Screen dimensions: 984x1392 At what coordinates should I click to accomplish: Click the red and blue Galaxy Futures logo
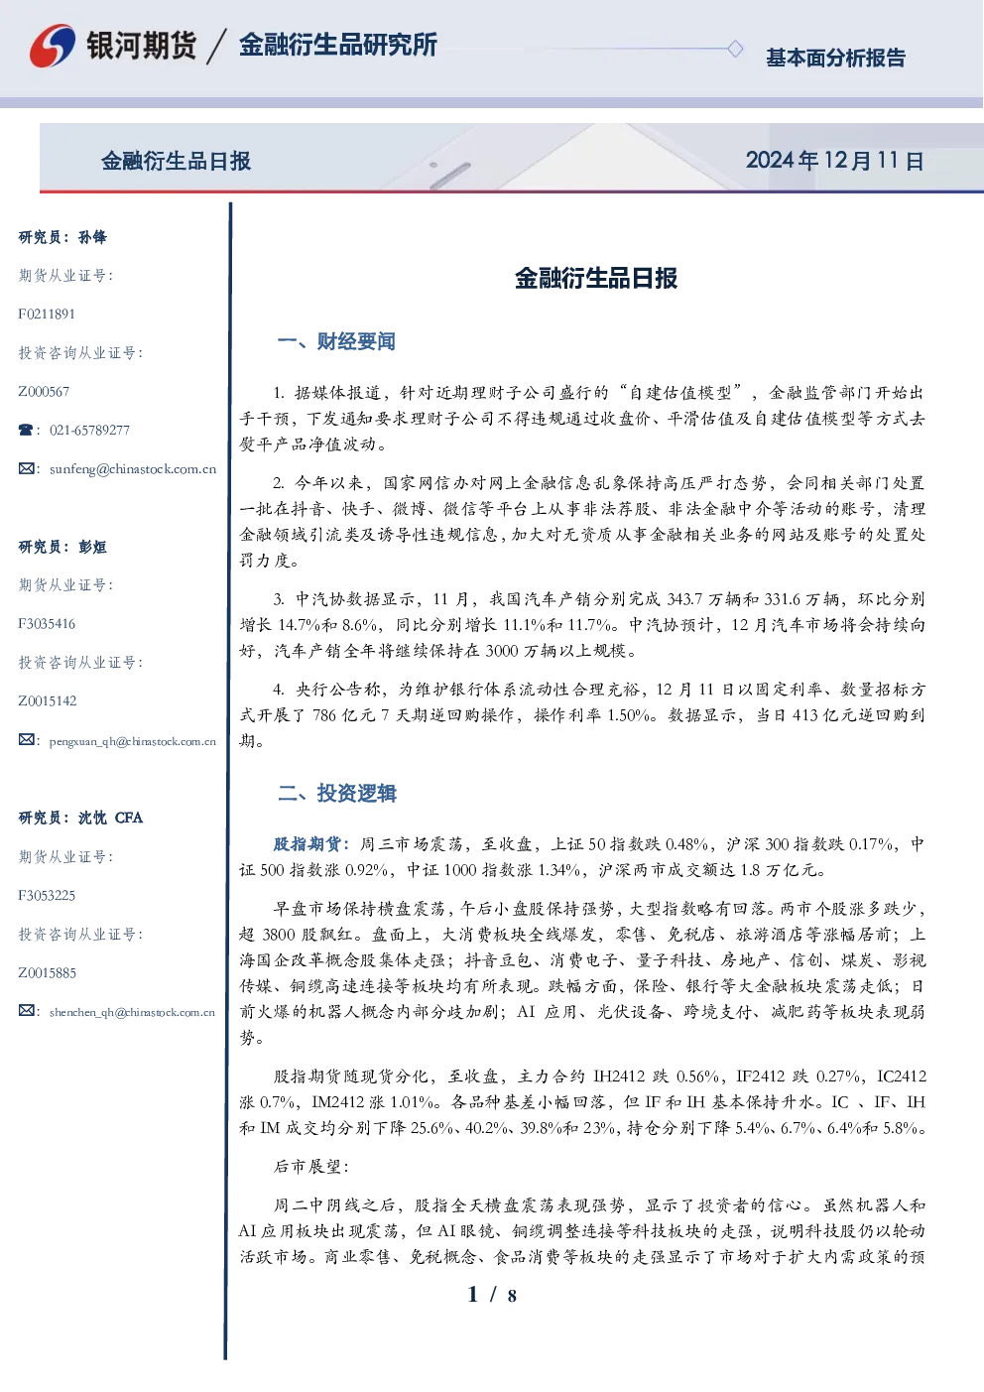tap(53, 46)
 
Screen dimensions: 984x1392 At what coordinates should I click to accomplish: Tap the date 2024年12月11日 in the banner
tap(835, 161)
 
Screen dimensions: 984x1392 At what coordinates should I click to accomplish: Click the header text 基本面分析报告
tap(835, 58)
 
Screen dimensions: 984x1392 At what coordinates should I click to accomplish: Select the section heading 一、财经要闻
tap(336, 341)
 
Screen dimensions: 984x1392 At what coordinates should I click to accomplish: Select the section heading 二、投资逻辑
tap(336, 793)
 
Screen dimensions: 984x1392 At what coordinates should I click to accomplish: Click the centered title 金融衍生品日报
tap(596, 278)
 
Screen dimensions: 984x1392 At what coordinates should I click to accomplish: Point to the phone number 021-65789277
tap(89, 430)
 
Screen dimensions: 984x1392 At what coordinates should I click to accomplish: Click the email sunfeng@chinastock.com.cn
tap(133, 469)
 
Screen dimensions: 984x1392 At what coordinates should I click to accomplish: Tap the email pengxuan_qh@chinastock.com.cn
tap(133, 741)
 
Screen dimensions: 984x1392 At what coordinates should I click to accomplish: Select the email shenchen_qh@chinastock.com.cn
tap(132, 1012)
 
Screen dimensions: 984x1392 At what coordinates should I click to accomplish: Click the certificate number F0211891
tap(47, 314)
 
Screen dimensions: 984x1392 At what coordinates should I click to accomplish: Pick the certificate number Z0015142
tap(48, 701)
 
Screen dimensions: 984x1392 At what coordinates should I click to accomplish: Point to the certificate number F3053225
tap(47, 896)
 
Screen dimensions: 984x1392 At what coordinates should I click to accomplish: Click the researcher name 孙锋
tap(92, 237)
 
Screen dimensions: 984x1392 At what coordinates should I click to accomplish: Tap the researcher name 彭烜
tap(92, 547)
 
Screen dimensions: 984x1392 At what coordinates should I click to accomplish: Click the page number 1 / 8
tap(492, 1295)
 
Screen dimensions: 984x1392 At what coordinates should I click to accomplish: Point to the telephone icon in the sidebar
tap(26, 430)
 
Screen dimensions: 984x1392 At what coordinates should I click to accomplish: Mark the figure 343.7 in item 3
tap(684, 599)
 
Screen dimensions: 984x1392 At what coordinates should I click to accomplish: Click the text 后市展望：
tap(311, 1167)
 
